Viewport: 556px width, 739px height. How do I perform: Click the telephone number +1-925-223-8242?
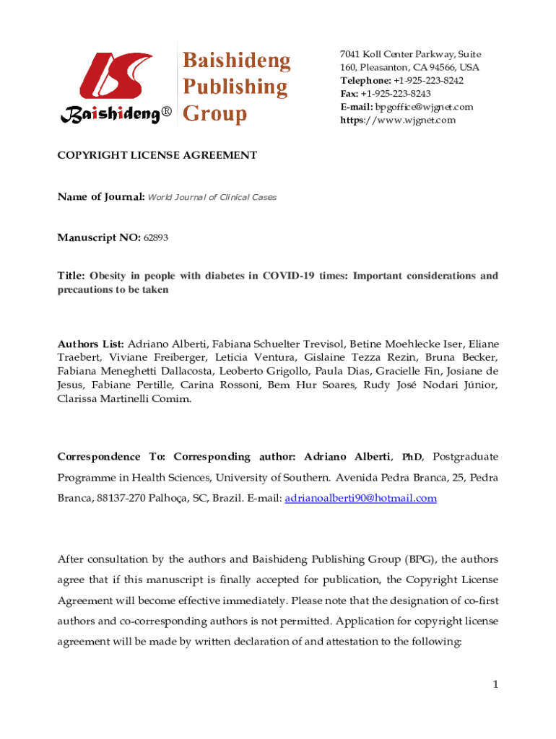[x=428, y=81]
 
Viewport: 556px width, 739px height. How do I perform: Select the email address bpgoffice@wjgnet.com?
[x=427, y=107]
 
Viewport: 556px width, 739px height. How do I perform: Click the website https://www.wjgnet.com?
[x=398, y=120]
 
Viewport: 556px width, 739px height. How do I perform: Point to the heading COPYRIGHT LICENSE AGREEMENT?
[x=157, y=155]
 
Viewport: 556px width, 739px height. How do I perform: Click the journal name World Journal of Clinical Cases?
[x=212, y=197]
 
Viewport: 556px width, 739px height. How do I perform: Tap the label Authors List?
[x=91, y=344]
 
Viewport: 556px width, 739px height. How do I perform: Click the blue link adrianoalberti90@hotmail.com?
[x=361, y=498]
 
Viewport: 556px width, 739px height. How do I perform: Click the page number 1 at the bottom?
[x=495, y=684]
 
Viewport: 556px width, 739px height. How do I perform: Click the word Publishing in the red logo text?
[x=234, y=87]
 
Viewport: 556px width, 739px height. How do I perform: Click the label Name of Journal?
[x=101, y=197]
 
